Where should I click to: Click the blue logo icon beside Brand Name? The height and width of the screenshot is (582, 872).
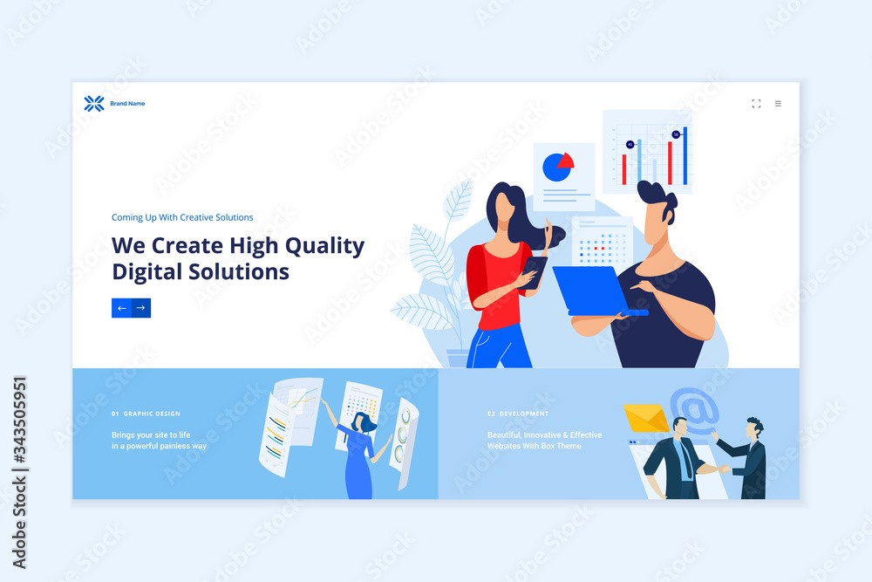click(94, 104)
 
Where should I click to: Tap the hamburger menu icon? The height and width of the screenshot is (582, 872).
click(778, 104)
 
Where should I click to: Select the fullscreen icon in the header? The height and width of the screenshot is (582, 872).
click(756, 104)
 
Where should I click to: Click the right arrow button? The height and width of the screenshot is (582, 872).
click(140, 308)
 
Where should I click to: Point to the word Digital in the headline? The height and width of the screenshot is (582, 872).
click(147, 272)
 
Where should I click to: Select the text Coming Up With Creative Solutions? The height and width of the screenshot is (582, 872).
click(182, 217)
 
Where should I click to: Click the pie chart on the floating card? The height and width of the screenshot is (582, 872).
click(558, 167)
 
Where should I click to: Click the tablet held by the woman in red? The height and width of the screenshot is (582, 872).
click(535, 272)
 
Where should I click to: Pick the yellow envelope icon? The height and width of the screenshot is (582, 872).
click(645, 418)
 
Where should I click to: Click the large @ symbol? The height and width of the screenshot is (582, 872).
click(695, 410)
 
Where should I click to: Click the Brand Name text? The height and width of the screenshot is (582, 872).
click(127, 104)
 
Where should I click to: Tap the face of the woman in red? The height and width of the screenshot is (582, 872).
click(503, 207)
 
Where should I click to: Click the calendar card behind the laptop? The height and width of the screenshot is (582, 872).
click(603, 241)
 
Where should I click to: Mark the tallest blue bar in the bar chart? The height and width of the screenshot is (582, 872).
click(685, 156)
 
